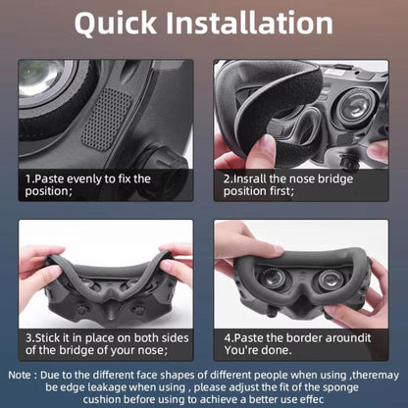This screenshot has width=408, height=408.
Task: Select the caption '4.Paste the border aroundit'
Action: click(297, 337)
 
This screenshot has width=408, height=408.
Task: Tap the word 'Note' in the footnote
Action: click(21, 375)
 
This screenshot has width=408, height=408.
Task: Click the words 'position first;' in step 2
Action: click(258, 192)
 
